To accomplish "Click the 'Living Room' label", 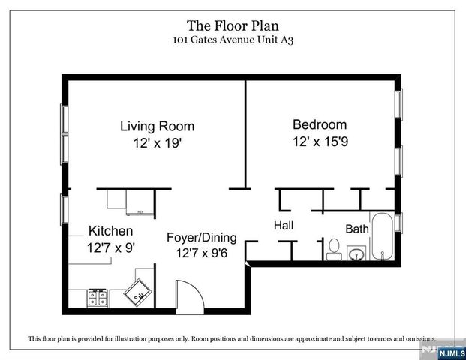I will (157, 126).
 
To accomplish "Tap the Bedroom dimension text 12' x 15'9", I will (320, 141).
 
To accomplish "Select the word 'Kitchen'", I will (111, 230).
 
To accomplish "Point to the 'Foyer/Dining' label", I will (201, 238).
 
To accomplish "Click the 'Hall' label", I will (283, 225).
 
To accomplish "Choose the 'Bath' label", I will (356, 228).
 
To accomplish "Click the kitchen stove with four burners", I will (98, 298).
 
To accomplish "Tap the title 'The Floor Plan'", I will (233, 28).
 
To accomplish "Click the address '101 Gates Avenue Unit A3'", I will (233, 43).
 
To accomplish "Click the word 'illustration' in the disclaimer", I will (150, 338).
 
